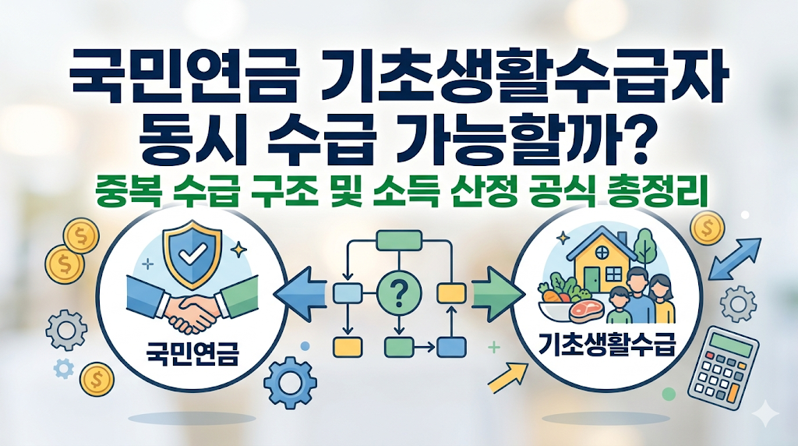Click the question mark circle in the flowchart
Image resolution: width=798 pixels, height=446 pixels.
click(398, 294)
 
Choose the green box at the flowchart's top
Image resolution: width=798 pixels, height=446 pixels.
click(398, 241)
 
